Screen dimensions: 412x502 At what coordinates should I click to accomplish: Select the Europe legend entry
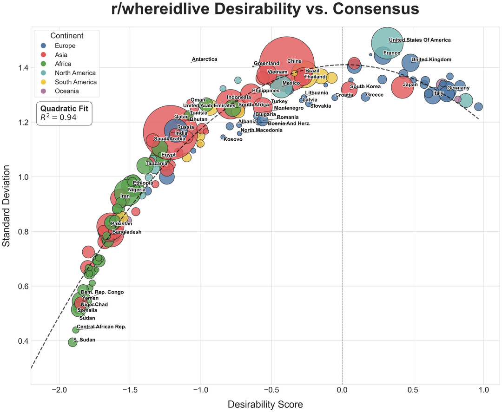click(x=65, y=46)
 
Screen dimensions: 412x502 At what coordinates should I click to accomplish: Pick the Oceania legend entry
click(x=66, y=91)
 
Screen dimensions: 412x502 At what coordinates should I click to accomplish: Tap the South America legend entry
click(x=76, y=82)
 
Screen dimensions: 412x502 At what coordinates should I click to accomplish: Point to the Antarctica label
click(x=205, y=59)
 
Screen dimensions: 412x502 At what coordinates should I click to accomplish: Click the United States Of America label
click(x=420, y=40)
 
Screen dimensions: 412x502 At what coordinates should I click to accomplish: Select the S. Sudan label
click(x=84, y=340)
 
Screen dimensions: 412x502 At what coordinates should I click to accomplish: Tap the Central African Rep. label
click(x=101, y=327)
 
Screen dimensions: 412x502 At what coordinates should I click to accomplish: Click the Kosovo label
click(x=233, y=140)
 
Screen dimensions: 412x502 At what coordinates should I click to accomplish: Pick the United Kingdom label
click(x=431, y=59)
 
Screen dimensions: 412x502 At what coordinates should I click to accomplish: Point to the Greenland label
click(x=266, y=64)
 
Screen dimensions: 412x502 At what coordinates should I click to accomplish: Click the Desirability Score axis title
click(x=265, y=405)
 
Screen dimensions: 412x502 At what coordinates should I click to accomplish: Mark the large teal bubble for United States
click(x=387, y=43)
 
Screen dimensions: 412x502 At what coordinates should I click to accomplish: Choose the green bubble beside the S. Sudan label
click(x=73, y=342)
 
